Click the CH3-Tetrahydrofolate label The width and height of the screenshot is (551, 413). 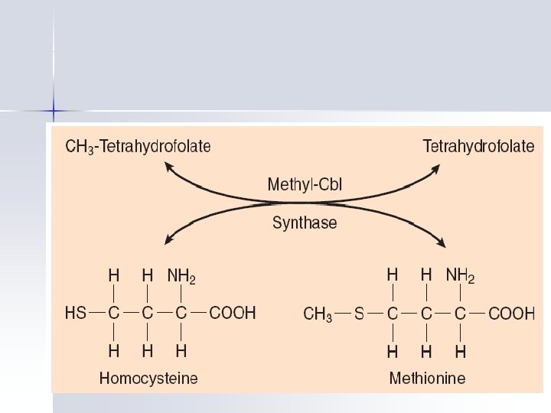point(138,145)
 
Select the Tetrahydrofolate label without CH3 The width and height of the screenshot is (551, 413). point(479,145)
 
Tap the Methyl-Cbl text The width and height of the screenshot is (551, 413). point(304,185)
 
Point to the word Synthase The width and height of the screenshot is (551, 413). point(305,223)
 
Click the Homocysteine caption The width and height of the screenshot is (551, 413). point(148,378)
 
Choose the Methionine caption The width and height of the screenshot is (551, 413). point(427,378)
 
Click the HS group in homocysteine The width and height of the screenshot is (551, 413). point(76,313)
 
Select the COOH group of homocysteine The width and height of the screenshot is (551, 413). point(233,313)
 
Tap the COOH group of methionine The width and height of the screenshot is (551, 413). point(511,314)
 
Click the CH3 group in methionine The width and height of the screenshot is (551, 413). point(318,314)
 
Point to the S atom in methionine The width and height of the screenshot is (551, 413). point(359,314)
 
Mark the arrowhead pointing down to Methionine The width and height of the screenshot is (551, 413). point(442,242)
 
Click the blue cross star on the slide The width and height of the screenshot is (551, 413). point(54,111)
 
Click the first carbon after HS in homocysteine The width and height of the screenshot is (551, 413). point(113,313)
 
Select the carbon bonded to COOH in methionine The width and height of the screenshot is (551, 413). point(460,314)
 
